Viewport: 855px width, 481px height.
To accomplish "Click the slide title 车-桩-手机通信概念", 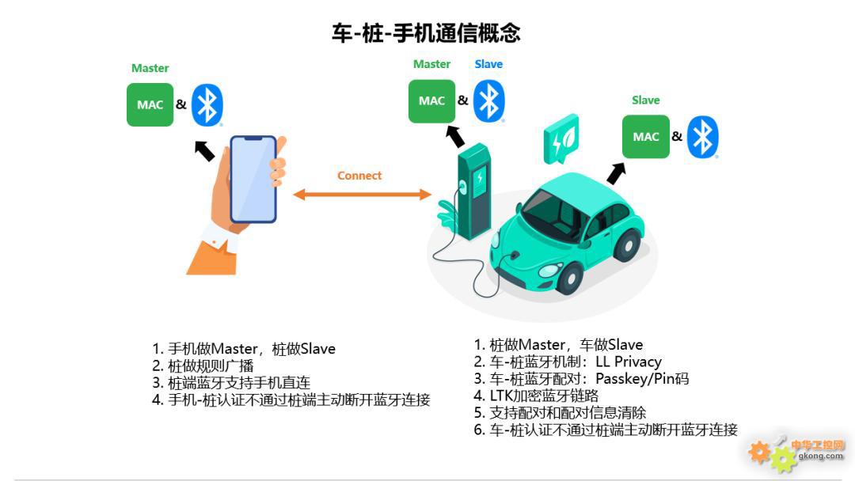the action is tap(426, 32).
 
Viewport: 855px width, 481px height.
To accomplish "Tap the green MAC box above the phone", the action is tap(150, 104).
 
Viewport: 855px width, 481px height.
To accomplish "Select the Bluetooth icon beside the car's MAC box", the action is tap(702, 137).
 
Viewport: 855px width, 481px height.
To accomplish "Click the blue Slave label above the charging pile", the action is tap(488, 64).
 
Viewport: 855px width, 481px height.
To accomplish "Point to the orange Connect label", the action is tap(359, 176).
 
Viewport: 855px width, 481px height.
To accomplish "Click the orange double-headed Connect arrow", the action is tap(362, 195).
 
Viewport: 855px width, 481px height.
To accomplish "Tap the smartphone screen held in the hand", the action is tap(253, 179).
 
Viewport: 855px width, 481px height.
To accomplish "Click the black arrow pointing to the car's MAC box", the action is tap(616, 174).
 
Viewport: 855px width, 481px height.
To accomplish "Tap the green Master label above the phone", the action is tap(150, 68).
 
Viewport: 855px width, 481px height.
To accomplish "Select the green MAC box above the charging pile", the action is tap(432, 100).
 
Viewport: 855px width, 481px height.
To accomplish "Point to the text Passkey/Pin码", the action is tap(642, 379).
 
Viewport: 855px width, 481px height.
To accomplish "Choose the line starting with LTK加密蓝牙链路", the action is tap(536, 396).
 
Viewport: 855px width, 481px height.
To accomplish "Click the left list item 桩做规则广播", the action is tap(203, 365).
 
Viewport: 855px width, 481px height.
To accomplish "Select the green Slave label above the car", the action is tap(646, 100).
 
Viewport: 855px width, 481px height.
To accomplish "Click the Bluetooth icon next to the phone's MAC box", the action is tap(207, 105).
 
